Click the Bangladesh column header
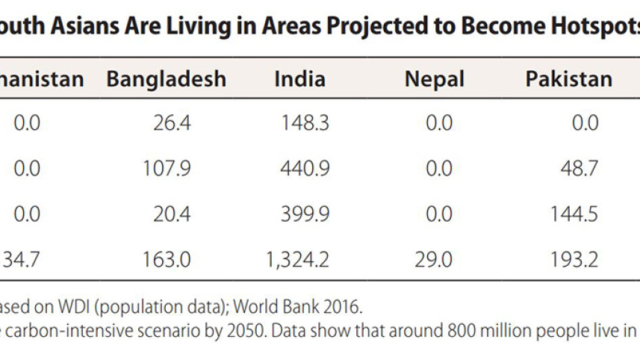(x=166, y=79)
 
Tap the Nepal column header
(x=435, y=79)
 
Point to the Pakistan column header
(x=569, y=79)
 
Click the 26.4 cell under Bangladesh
(x=173, y=122)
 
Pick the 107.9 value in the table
(x=167, y=169)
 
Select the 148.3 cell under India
(x=305, y=122)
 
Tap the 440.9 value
(x=305, y=169)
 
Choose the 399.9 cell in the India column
(x=305, y=214)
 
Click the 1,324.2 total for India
(x=297, y=259)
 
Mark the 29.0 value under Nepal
(x=438, y=259)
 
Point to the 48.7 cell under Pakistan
(x=579, y=169)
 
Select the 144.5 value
(x=573, y=214)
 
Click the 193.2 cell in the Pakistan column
(x=573, y=259)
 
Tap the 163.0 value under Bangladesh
(x=167, y=259)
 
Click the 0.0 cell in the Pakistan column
(x=585, y=122)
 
